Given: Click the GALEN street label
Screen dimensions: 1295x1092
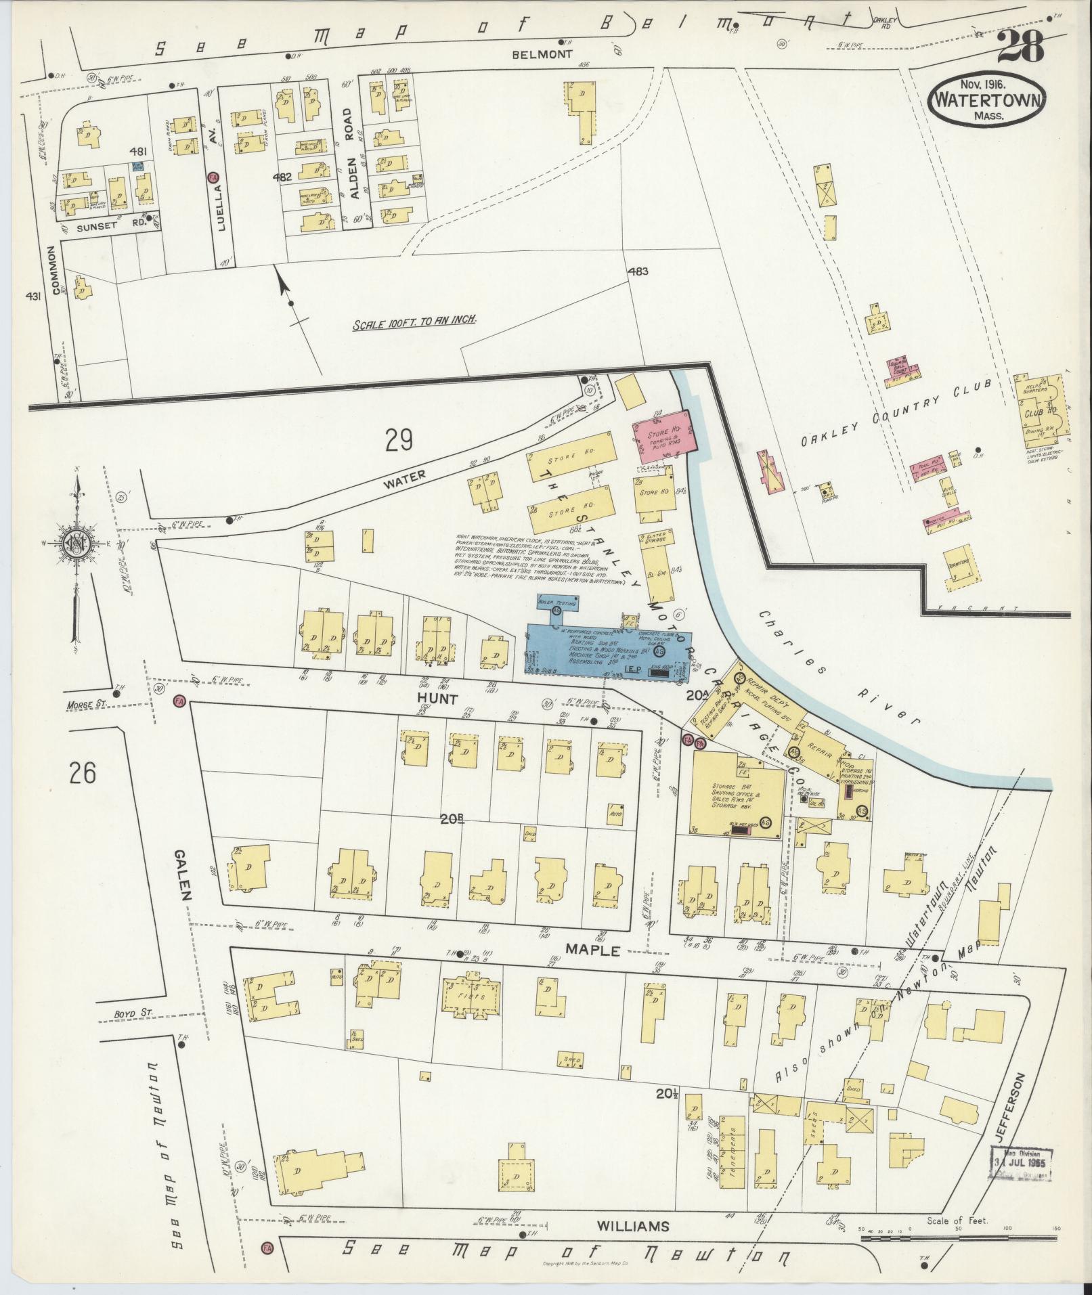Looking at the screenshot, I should pyautogui.click(x=185, y=873).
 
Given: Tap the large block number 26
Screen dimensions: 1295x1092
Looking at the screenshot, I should pyautogui.click(x=82, y=772).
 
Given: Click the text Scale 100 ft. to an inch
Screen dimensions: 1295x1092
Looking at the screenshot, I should pyautogui.click(x=414, y=324).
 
